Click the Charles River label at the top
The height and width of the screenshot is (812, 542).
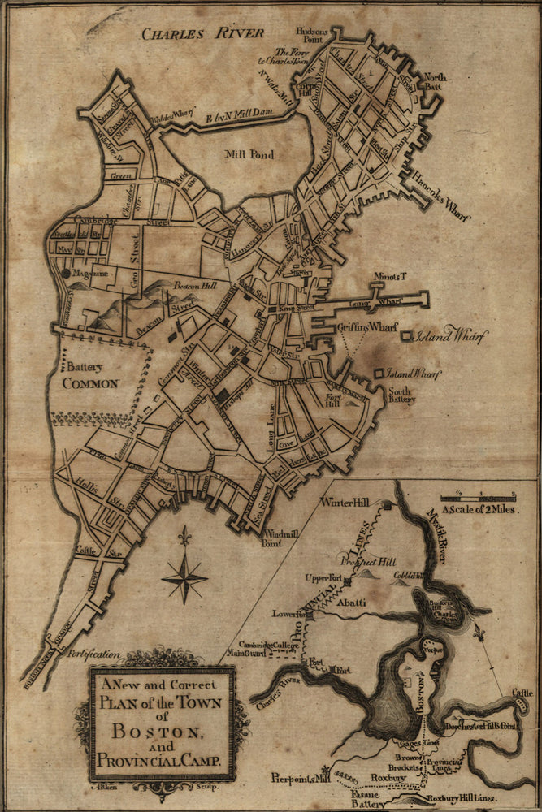point(202,33)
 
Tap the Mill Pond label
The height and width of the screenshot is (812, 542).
point(250,154)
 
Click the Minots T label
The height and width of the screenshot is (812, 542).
point(388,278)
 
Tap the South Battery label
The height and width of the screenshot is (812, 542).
point(401,394)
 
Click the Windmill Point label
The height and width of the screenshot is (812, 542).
point(283,538)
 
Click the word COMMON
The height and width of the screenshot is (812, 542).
point(91,383)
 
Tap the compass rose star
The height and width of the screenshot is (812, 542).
point(184,578)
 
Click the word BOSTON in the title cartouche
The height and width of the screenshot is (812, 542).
point(162,732)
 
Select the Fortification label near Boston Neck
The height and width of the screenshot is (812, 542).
point(93,652)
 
